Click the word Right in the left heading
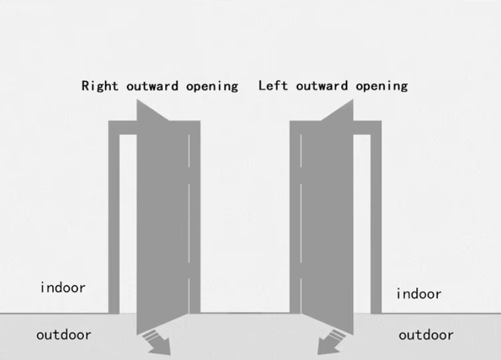tap(100, 86)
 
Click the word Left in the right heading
tap(273, 86)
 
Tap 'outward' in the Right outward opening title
tap(152, 86)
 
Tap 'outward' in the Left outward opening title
tap(321, 86)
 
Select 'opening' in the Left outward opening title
tap(382, 86)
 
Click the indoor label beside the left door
tap(63, 288)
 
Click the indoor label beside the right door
tap(419, 294)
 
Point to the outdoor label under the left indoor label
tap(64, 335)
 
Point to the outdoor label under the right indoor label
tap(426, 335)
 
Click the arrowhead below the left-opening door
tap(328, 347)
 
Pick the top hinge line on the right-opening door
tap(189, 151)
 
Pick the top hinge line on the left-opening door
tap(301, 151)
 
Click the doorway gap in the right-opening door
tap(128, 224)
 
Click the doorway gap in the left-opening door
tap(362, 224)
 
